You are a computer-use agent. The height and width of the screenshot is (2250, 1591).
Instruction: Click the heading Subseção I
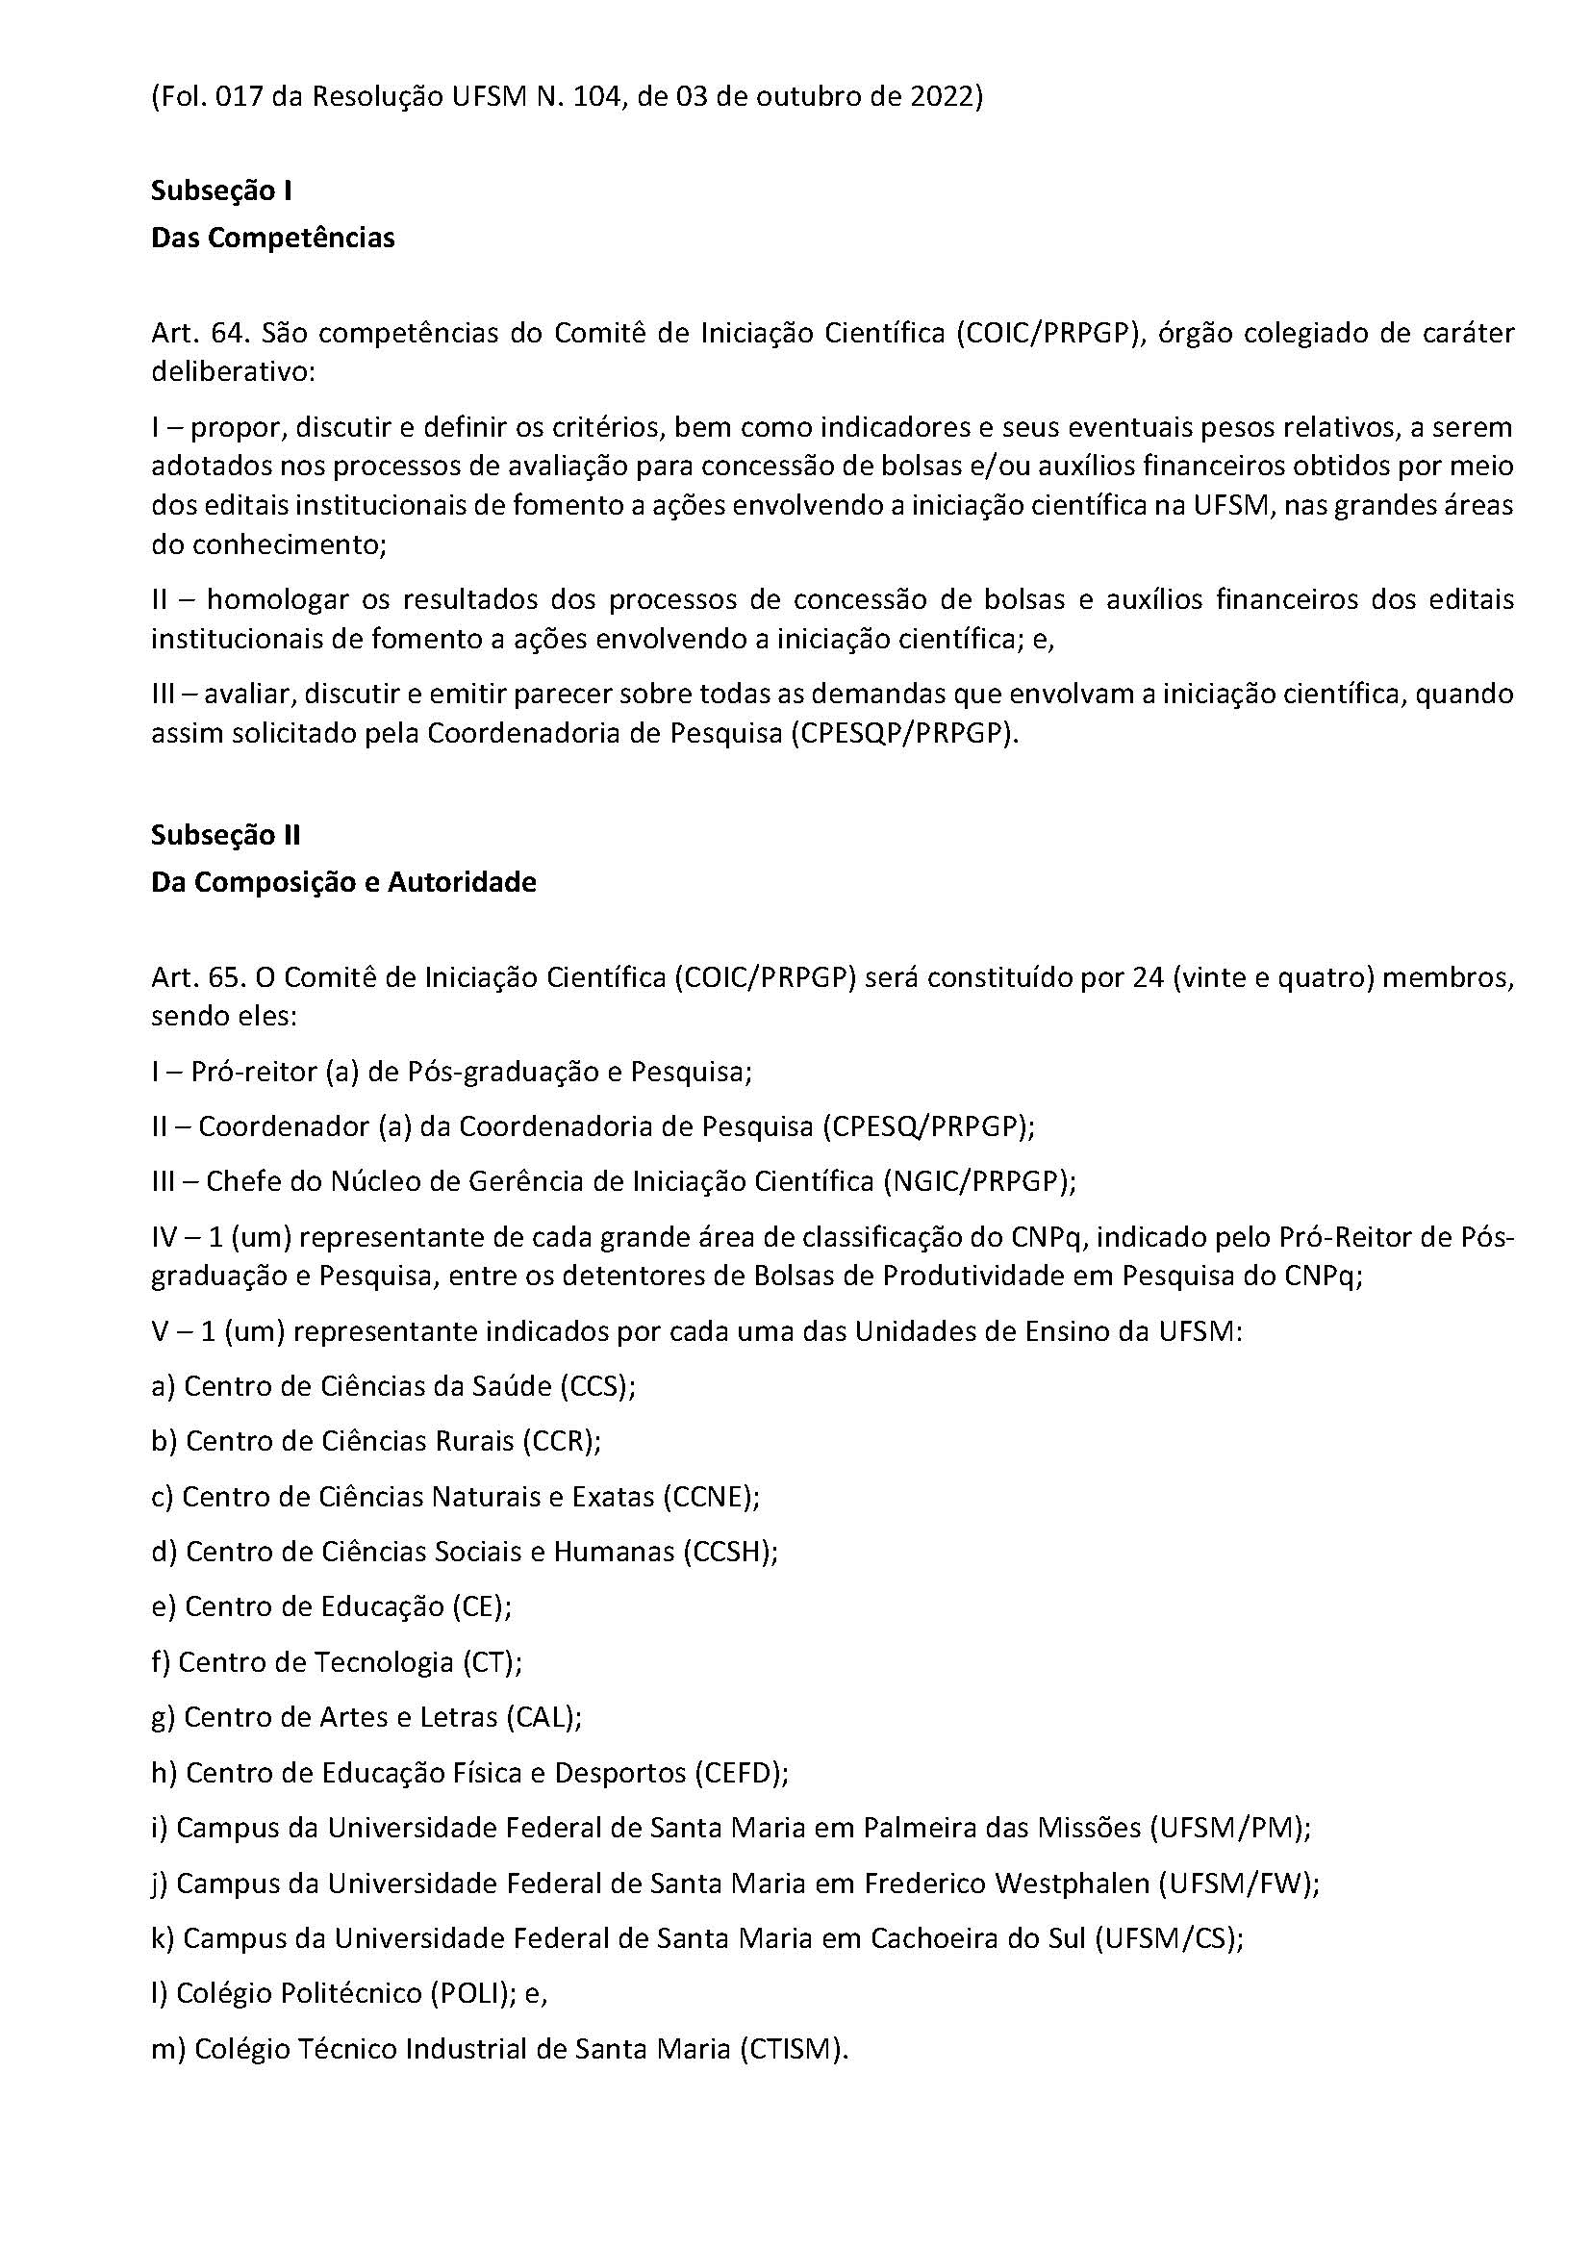(221, 190)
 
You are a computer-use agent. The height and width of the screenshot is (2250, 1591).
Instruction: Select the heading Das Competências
(272, 239)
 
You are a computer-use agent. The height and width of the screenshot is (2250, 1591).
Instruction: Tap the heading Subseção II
(225, 835)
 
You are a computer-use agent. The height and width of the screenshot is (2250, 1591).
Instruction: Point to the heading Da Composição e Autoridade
(342, 882)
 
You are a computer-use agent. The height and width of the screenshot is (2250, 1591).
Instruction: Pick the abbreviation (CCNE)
(710, 1498)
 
